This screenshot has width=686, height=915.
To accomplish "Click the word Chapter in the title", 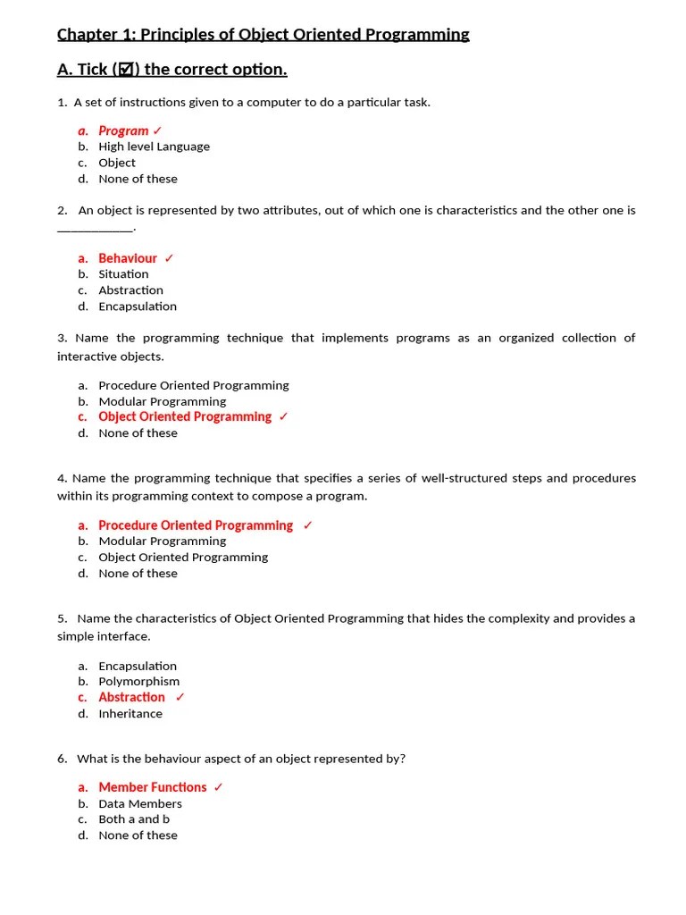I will tap(86, 35).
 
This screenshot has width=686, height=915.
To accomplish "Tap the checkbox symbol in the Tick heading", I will tap(126, 70).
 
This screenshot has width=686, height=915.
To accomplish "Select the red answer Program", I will tap(123, 130).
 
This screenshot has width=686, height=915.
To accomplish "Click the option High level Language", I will tap(154, 147).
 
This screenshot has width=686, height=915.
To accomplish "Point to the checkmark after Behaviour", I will tap(170, 258).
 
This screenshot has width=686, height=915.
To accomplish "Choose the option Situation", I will tap(123, 274).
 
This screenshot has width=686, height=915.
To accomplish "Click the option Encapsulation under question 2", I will tap(138, 306).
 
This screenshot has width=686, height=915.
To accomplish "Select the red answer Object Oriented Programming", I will tap(185, 417).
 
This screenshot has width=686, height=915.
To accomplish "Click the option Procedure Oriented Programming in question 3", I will tap(194, 386).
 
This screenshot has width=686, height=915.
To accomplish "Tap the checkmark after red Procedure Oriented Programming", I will tap(307, 525).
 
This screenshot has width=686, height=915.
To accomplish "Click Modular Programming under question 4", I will tap(163, 541).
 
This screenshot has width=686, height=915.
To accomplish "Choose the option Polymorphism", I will tap(138, 682).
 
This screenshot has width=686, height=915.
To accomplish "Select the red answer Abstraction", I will tap(131, 698).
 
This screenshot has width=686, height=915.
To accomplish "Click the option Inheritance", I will tap(130, 714).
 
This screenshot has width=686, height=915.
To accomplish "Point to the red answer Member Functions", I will tap(153, 787).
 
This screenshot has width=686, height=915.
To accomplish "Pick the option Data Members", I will tap(140, 804).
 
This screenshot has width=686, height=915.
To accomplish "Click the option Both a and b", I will tap(134, 819).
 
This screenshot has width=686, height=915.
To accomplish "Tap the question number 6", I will tap(62, 759).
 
